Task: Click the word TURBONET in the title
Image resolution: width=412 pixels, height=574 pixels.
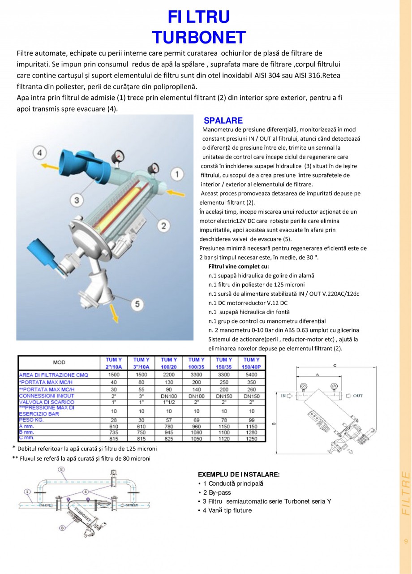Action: (199, 37)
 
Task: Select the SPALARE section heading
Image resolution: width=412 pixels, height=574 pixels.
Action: (223, 121)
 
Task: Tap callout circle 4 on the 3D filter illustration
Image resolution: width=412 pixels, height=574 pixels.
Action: (40, 153)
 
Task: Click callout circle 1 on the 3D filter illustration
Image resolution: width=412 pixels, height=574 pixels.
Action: (177, 174)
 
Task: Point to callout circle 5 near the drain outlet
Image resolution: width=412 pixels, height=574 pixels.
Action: (137, 304)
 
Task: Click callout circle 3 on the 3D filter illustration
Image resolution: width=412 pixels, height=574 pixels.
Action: (77, 199)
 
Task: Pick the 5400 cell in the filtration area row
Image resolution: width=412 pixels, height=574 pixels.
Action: (252, 374)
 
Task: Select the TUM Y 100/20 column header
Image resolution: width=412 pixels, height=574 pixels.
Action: (169, 363)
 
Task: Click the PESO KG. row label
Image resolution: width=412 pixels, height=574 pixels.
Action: (31, 420)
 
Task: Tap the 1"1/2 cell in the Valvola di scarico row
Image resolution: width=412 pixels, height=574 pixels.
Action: (169, 402)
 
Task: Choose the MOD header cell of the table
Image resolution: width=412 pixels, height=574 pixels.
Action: (59, 363)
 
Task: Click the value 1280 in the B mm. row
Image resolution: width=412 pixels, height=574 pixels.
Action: (252, 433)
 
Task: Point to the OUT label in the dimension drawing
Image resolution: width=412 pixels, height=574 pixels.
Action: (357, 396)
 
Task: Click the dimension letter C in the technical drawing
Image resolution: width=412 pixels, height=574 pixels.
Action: (334, 365)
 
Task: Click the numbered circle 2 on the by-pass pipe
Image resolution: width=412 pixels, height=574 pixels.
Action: (61, 470)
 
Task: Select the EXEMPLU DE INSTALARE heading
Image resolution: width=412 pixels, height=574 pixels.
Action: (239, 475)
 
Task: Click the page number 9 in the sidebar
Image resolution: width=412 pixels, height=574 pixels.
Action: (406, 541)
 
